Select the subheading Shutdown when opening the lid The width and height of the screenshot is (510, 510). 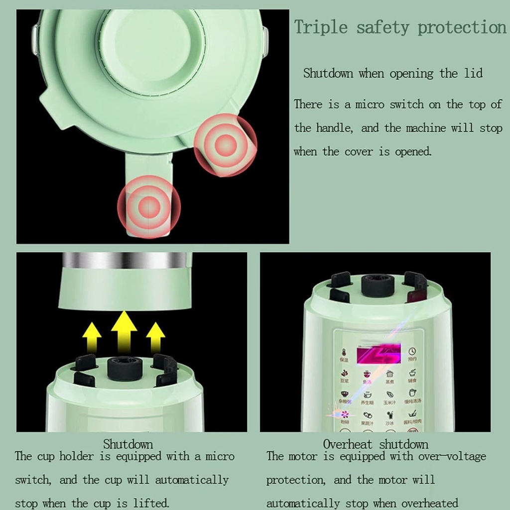pos(393,74)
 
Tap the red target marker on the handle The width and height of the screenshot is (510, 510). pos(148,206)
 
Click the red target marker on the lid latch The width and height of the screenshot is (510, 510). pos(226,145)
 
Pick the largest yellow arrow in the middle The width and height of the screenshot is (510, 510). pos(124,330)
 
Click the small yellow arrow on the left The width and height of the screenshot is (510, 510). pos(92,337)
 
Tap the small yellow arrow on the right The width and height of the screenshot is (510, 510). pos(156,337)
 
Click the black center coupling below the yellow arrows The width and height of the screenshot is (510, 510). pos(125,369)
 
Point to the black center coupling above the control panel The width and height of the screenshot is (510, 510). pos(378,285)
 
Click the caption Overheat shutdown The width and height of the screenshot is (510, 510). pos(376,444)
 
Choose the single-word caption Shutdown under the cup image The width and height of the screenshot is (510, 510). pos(128,443)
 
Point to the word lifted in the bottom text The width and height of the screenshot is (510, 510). pos(149,503)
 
